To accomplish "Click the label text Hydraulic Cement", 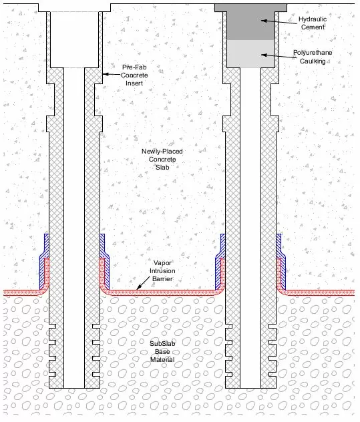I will coord(311,24).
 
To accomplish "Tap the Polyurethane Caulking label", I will coord(311,56).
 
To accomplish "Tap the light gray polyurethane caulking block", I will coord(250,53).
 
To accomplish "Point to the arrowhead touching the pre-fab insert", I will coord(106,74).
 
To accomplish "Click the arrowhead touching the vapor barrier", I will coord(138,287).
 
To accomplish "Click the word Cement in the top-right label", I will coord(311,28).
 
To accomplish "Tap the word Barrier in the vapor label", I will coord(162,278).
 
